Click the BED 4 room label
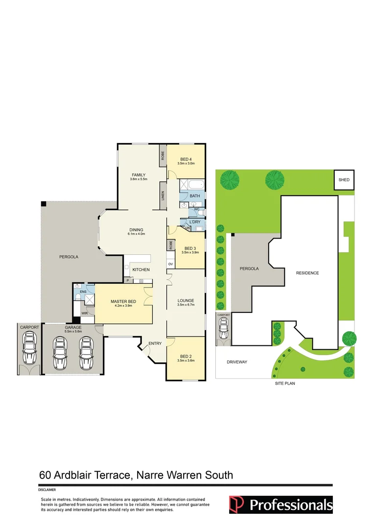pyautogui.click(x=186, y=159)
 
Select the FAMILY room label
pyautogui.click(x=138, y=175)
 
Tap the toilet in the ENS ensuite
pyautogui.click(x=77, y=287)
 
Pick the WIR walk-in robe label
pyautogui.click(x=84, y=313)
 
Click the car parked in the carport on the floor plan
pyautogui.click(x=29, y=349)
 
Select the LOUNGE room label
pyautogui.click(x=186, y=300)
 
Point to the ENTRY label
pyautogui.click(x=155, y=343)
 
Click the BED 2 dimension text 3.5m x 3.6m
pyautogui.click(x=186, y=361)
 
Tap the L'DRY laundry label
pyautogui.click(x=195, y=222)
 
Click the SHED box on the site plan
pyautogui.click(x=344, y=180)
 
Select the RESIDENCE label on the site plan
pyautogui.click(x=307, y=273)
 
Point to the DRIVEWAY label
pyautogui.click(x=237, y=362)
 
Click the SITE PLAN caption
pyautogui.click(x=284, y=384)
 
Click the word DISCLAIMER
pyautogui.click(x=47, y=489)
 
